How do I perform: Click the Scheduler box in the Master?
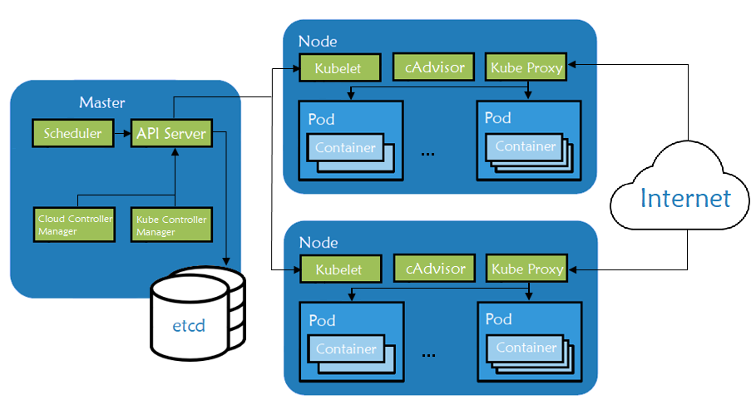click(x=72, y=133)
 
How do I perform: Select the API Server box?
click(x=170, y=133)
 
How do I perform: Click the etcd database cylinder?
click(x=198, y=316)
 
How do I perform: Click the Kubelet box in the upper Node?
click(x=339, y=68)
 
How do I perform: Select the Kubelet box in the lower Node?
click(x=339, y=269)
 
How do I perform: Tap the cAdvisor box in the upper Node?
click(x=434, y=67)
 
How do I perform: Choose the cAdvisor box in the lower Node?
click(x=434, y=269)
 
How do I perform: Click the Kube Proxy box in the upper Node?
click(x=526, y=67)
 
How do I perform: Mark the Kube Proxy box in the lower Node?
click(x=527, y=269)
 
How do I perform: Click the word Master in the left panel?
click(x=101, y=103)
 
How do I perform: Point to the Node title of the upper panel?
click(x=318, y=42)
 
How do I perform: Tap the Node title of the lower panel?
click(x=318, y=243)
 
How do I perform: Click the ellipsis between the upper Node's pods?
click(x=429, y=154)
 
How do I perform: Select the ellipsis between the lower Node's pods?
click(x=429, y=354)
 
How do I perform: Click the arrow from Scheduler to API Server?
click(x=121, y=133)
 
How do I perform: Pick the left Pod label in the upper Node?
click(x=321, y=119)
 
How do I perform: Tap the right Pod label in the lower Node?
click(x=498, y=319)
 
